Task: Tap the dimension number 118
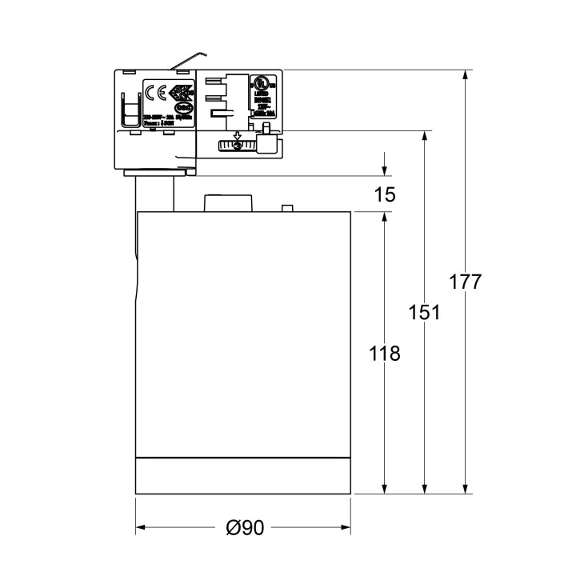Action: pos(385,353)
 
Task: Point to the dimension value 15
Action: pos(385,194)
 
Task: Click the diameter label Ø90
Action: pos(244,528)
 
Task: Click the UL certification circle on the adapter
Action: pos(260,82)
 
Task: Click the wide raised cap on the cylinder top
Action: pos(229,203)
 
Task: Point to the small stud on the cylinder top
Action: pos(286,209)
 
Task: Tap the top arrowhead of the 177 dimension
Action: pos(464,76)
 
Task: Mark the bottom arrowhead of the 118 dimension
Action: pos(385,489)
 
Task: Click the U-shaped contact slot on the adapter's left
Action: pos(129,110)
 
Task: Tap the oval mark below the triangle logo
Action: pos(182,106)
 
